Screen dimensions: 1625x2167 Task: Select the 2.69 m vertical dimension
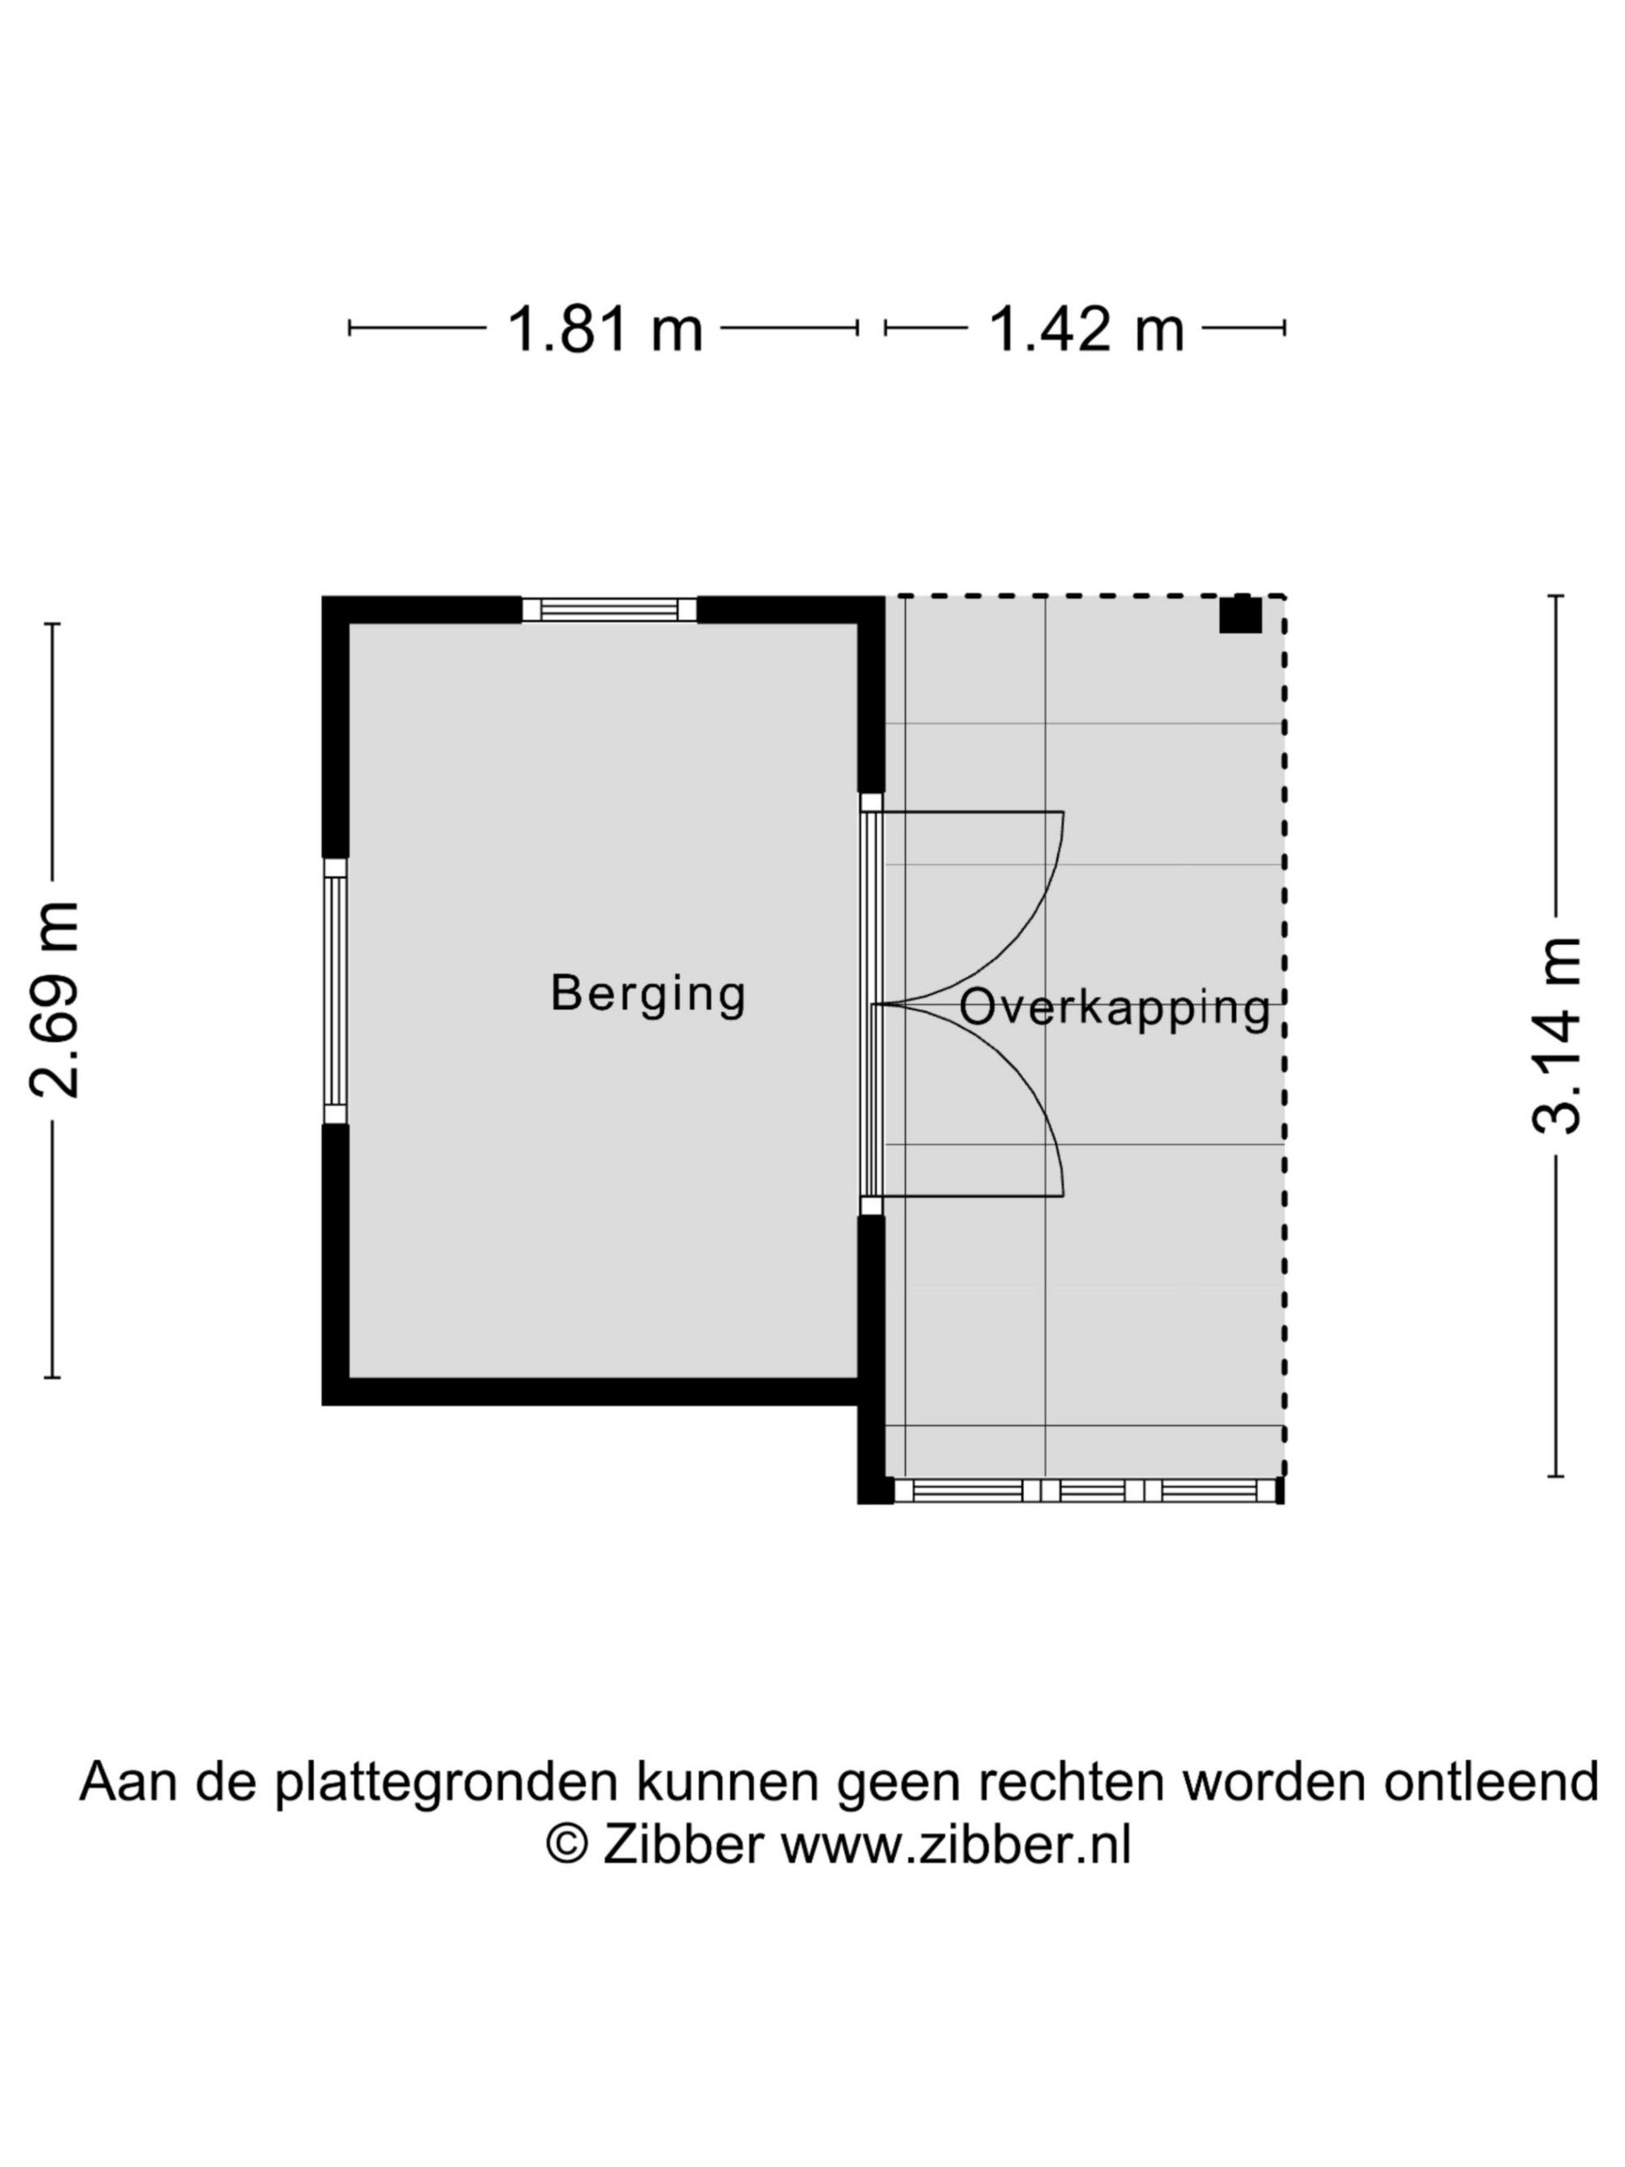tap(54, 1000)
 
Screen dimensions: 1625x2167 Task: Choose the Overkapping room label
tap(1115, 1009)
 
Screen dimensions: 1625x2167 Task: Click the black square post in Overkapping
tap(1240, 614)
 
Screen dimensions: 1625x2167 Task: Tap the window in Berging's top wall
tap(609, 609)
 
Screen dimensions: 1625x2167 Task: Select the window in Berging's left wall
tap(335, 990)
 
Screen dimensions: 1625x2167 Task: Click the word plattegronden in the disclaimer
tap(446, 1784)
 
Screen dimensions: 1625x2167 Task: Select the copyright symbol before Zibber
tap(566, 1846)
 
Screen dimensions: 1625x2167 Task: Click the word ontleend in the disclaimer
tap(1491, 1782)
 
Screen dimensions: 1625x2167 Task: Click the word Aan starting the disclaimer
tap(132, 1782)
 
